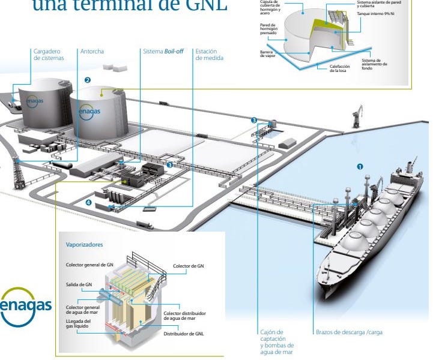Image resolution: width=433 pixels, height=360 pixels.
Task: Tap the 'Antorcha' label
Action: point(92,52)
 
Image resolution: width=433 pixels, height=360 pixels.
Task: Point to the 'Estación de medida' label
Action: point(210,55)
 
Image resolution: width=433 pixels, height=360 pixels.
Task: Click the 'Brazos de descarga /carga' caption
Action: point(348,332)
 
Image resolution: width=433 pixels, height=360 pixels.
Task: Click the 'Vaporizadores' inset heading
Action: point(83,245)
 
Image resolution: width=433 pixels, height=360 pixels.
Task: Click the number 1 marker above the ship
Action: point(360,166)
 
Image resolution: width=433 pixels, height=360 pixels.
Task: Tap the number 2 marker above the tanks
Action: point(88,79)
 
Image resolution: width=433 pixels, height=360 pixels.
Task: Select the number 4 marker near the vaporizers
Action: point(89,202)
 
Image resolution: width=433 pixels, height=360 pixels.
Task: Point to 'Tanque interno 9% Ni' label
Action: point(375,13)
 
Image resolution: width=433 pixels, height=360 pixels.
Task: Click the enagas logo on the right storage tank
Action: point(89,112)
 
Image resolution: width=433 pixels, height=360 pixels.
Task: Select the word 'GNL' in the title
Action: point(205,8)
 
